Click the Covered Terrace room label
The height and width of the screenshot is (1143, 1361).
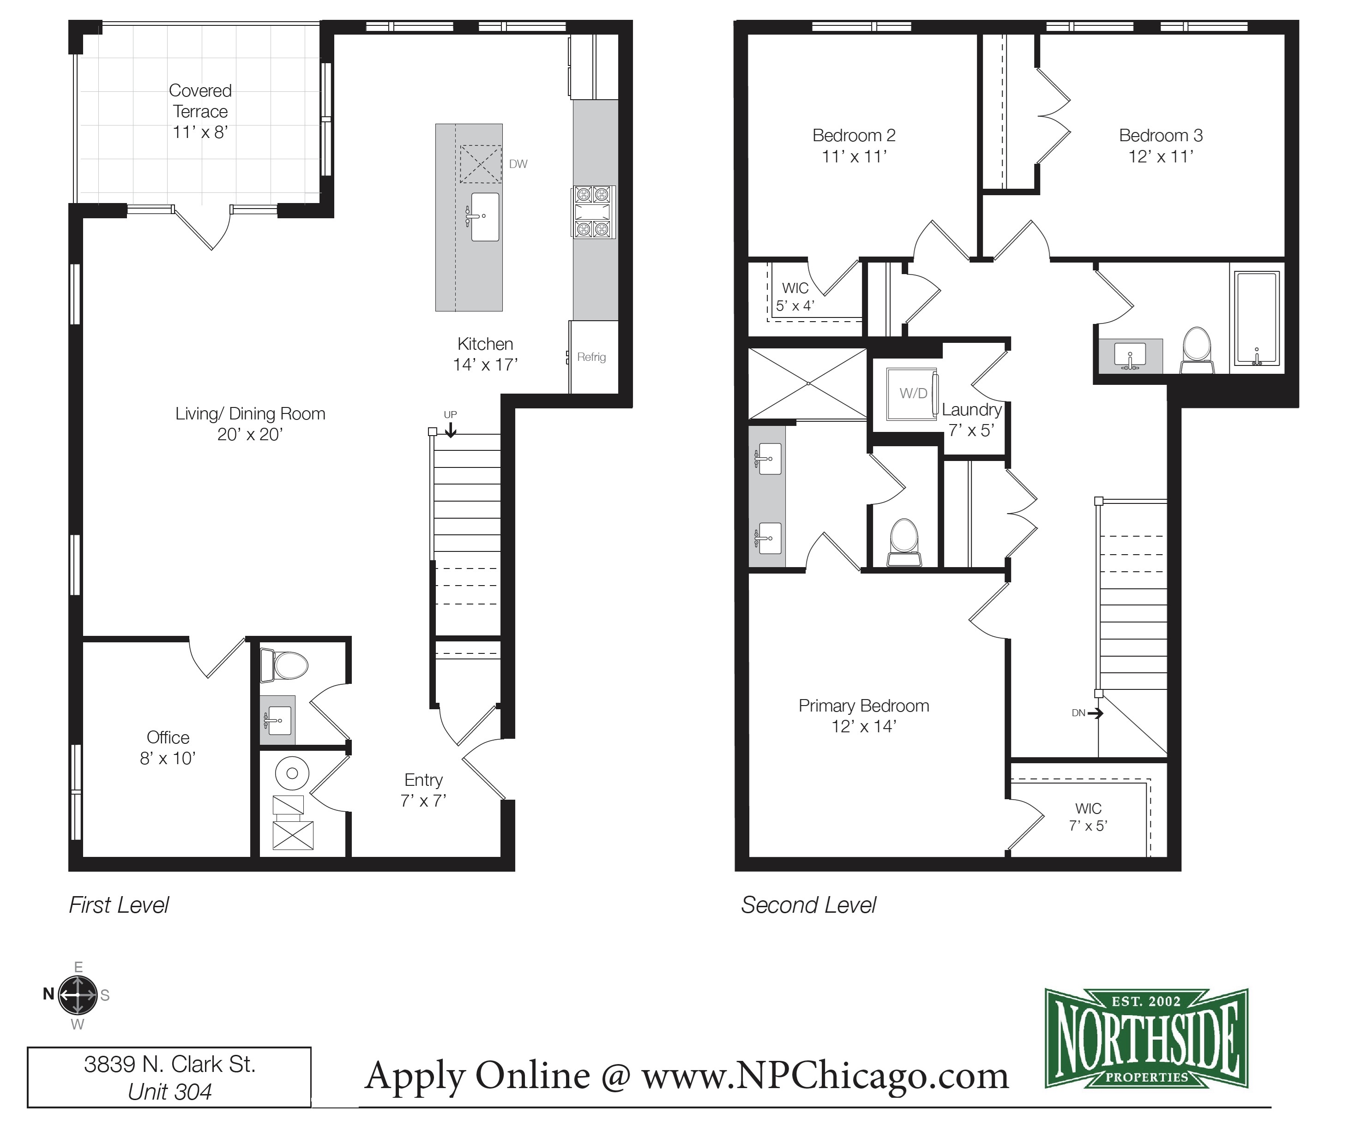tap(200, 111)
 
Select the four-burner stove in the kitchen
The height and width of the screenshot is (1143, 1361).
tap(593, 211)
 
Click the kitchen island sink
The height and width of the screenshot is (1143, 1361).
tap(484, 216)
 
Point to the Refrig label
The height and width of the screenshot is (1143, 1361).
tap(591, 357)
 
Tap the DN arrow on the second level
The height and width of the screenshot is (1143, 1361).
tap(1095, 713)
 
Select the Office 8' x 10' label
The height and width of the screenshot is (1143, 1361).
tap(168, 748)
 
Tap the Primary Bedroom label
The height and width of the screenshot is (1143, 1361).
tap(863, 706)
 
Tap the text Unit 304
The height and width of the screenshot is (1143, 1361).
tap(170, 1092)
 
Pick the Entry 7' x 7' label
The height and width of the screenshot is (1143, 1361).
tap(423, 790)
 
